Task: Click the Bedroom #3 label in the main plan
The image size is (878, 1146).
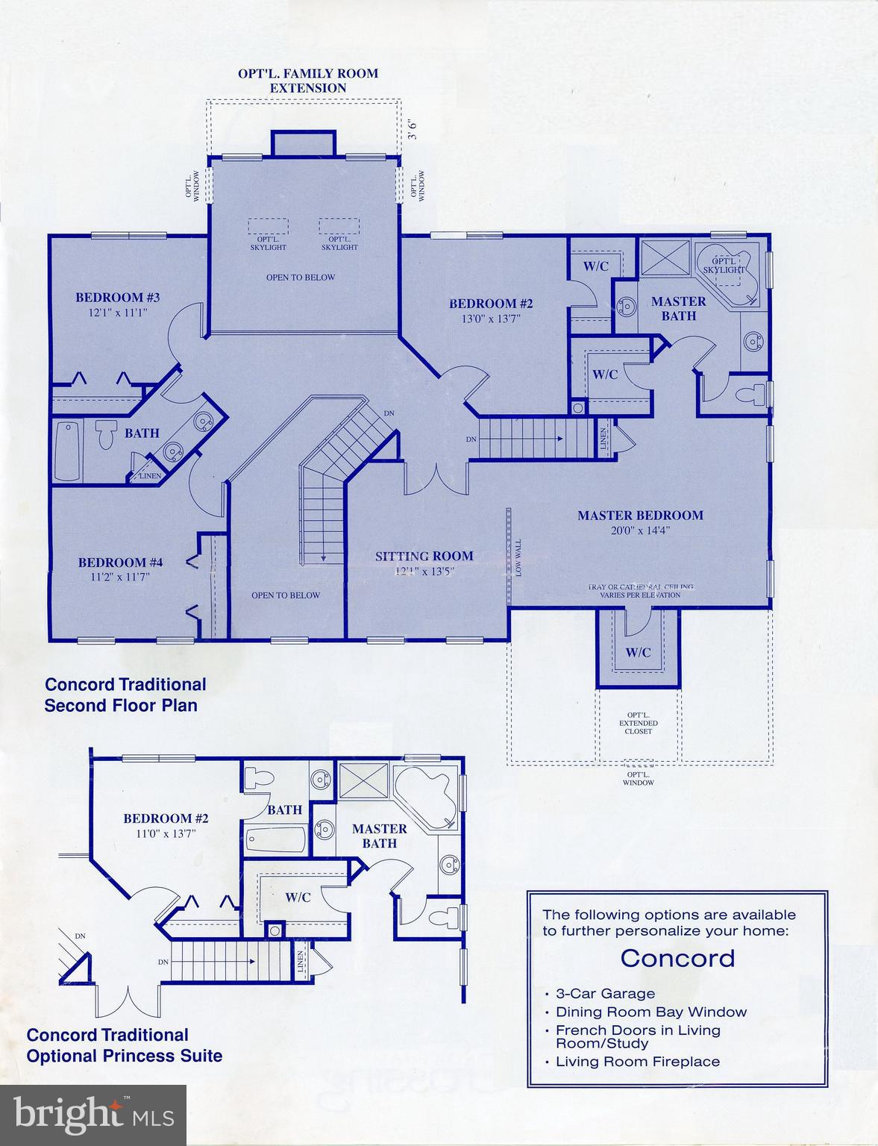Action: click(117, 298)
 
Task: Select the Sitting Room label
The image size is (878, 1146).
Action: click(424, 556)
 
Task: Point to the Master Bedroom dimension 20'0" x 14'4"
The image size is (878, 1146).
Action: click(640, 530)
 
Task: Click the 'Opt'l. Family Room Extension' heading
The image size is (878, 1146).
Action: click(307, 81)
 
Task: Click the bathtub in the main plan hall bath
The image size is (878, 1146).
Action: click(68, 451)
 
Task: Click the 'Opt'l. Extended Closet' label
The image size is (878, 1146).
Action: click(638, 723)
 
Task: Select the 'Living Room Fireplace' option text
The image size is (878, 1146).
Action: click(638, 1062)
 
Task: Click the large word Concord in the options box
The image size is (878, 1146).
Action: click(677, 958)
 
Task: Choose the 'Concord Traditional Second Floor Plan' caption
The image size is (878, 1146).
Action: click(125, 695)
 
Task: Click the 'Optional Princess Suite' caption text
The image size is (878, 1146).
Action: click(124, 1056)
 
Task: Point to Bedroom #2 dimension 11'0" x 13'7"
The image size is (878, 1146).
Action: click(166, 834)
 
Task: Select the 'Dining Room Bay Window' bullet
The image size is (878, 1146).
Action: click(650, 1012)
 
